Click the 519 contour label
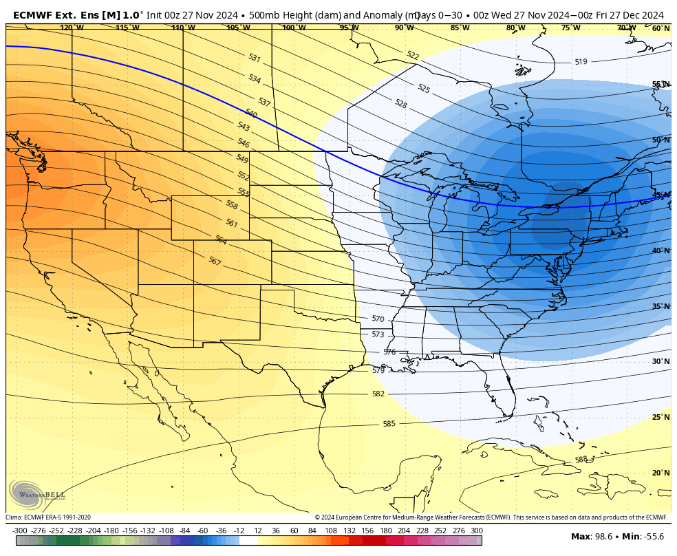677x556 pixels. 581,62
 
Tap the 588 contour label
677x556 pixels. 581,460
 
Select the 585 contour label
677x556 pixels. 389,424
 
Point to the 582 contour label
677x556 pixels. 378,394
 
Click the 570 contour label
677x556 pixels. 378,319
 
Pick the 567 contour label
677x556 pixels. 215,261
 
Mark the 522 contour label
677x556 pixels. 413,55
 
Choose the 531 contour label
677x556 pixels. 255,58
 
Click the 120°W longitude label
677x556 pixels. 72,28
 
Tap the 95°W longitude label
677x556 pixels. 349,28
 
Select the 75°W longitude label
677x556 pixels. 570,28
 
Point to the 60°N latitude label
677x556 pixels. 660,29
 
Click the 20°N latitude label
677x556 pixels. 660,473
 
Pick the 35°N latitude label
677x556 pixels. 660,306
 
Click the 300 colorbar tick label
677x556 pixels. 476,531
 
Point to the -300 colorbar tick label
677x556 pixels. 20,531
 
